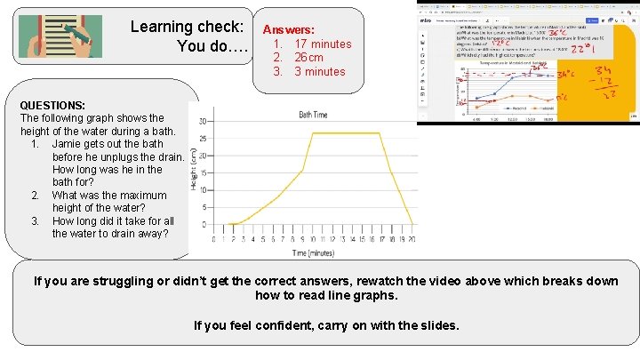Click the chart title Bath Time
point(312,115)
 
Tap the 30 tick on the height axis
point(204,122)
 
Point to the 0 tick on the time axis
point(213,239)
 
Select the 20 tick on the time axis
point(412,239)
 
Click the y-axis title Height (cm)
point(194,169)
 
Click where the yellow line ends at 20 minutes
point(412,224)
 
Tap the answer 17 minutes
point(323,44)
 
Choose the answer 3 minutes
point(319,71)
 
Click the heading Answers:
point(288,29)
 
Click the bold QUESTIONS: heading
point(52,105)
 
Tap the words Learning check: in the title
point(187,27)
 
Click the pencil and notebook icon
point(60,36)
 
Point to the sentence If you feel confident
point(326,325)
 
